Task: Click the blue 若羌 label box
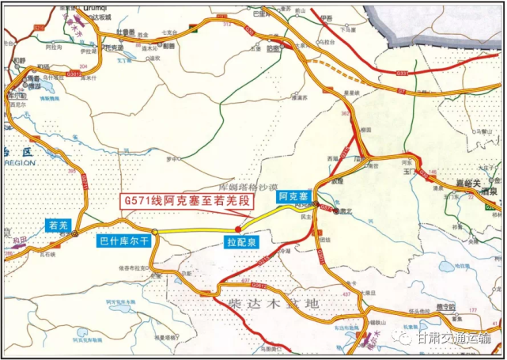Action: coord(60,224)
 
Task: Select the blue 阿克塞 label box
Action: coord(291,198)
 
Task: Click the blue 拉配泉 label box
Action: coord(240,240)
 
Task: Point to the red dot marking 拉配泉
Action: coord(239,227)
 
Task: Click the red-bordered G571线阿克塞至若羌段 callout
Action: coord(186,202)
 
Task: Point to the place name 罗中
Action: coord(168,157)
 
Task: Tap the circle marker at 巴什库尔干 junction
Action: coord(156,232)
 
